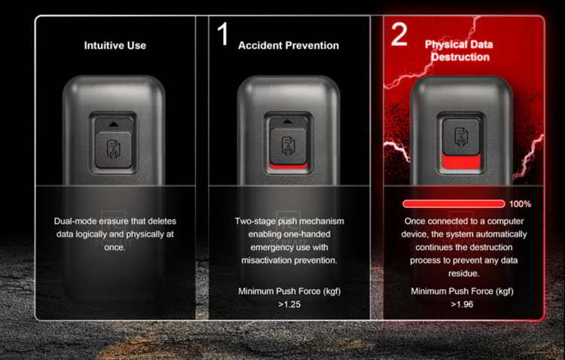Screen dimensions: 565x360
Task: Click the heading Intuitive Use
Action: [115, 45]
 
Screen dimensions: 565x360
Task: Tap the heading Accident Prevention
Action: [289, 45]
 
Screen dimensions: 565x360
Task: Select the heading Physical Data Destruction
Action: [459, 50]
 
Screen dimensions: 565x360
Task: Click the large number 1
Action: [223, 34]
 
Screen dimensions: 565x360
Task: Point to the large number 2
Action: [399, 34]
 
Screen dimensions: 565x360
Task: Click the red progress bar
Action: [454, 204]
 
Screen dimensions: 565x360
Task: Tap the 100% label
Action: [520, 204]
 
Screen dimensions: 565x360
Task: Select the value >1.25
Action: [289, 304]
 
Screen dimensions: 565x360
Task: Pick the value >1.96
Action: [462, 304]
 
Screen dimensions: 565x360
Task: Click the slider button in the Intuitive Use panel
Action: [113, 150]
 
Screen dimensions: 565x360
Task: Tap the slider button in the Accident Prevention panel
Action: [288, 145]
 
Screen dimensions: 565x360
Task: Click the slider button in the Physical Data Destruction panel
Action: [461, 136]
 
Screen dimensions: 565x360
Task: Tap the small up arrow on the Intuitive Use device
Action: [113, 124]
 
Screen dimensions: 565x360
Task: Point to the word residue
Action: [463, 273]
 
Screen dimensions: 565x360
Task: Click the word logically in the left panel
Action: [91, 234]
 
